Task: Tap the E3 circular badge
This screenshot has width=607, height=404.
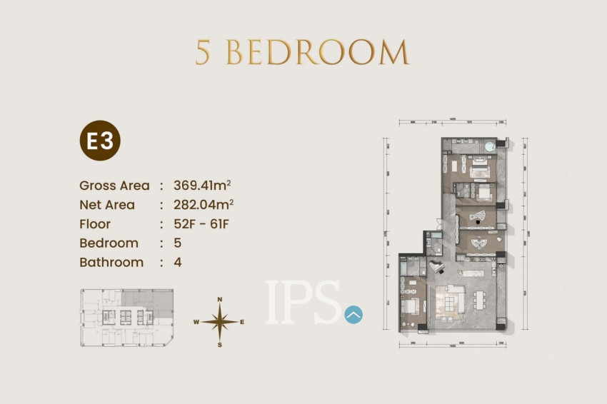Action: click(100, 141)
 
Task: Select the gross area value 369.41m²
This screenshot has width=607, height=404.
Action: click(202, 185)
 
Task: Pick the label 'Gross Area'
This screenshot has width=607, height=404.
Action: click(114, 186)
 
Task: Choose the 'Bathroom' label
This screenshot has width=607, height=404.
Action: click(111, 262)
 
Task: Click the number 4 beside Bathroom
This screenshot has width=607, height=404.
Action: click(178, 262)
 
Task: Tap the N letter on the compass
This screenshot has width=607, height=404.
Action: click(220, 299)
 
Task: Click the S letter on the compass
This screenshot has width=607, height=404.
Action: click(220, 345)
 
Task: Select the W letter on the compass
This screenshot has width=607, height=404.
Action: click(196, 322)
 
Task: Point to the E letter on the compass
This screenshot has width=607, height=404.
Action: click(242, 322)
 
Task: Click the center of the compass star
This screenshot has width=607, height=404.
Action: click(220, 322)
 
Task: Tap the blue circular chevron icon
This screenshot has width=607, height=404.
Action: click(353, 314)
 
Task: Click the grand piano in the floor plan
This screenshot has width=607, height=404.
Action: click(436, 266)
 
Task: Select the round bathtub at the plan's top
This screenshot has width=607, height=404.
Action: click(490, 147)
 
